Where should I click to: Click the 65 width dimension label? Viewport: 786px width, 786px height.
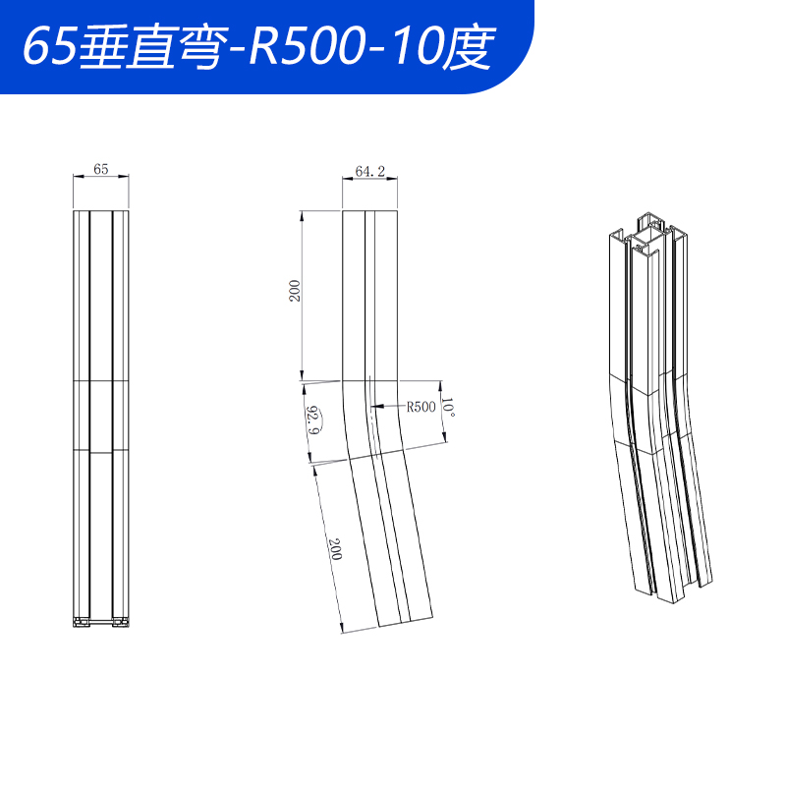point(100,169)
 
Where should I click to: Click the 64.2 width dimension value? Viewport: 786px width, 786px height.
point(369,171)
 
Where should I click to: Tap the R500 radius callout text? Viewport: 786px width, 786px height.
point(421,406)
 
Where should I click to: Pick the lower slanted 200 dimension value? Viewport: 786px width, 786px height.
point(334,549)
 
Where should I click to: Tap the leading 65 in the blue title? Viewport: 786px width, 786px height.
point(44,46)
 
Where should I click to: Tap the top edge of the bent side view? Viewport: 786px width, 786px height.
point(370,209)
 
